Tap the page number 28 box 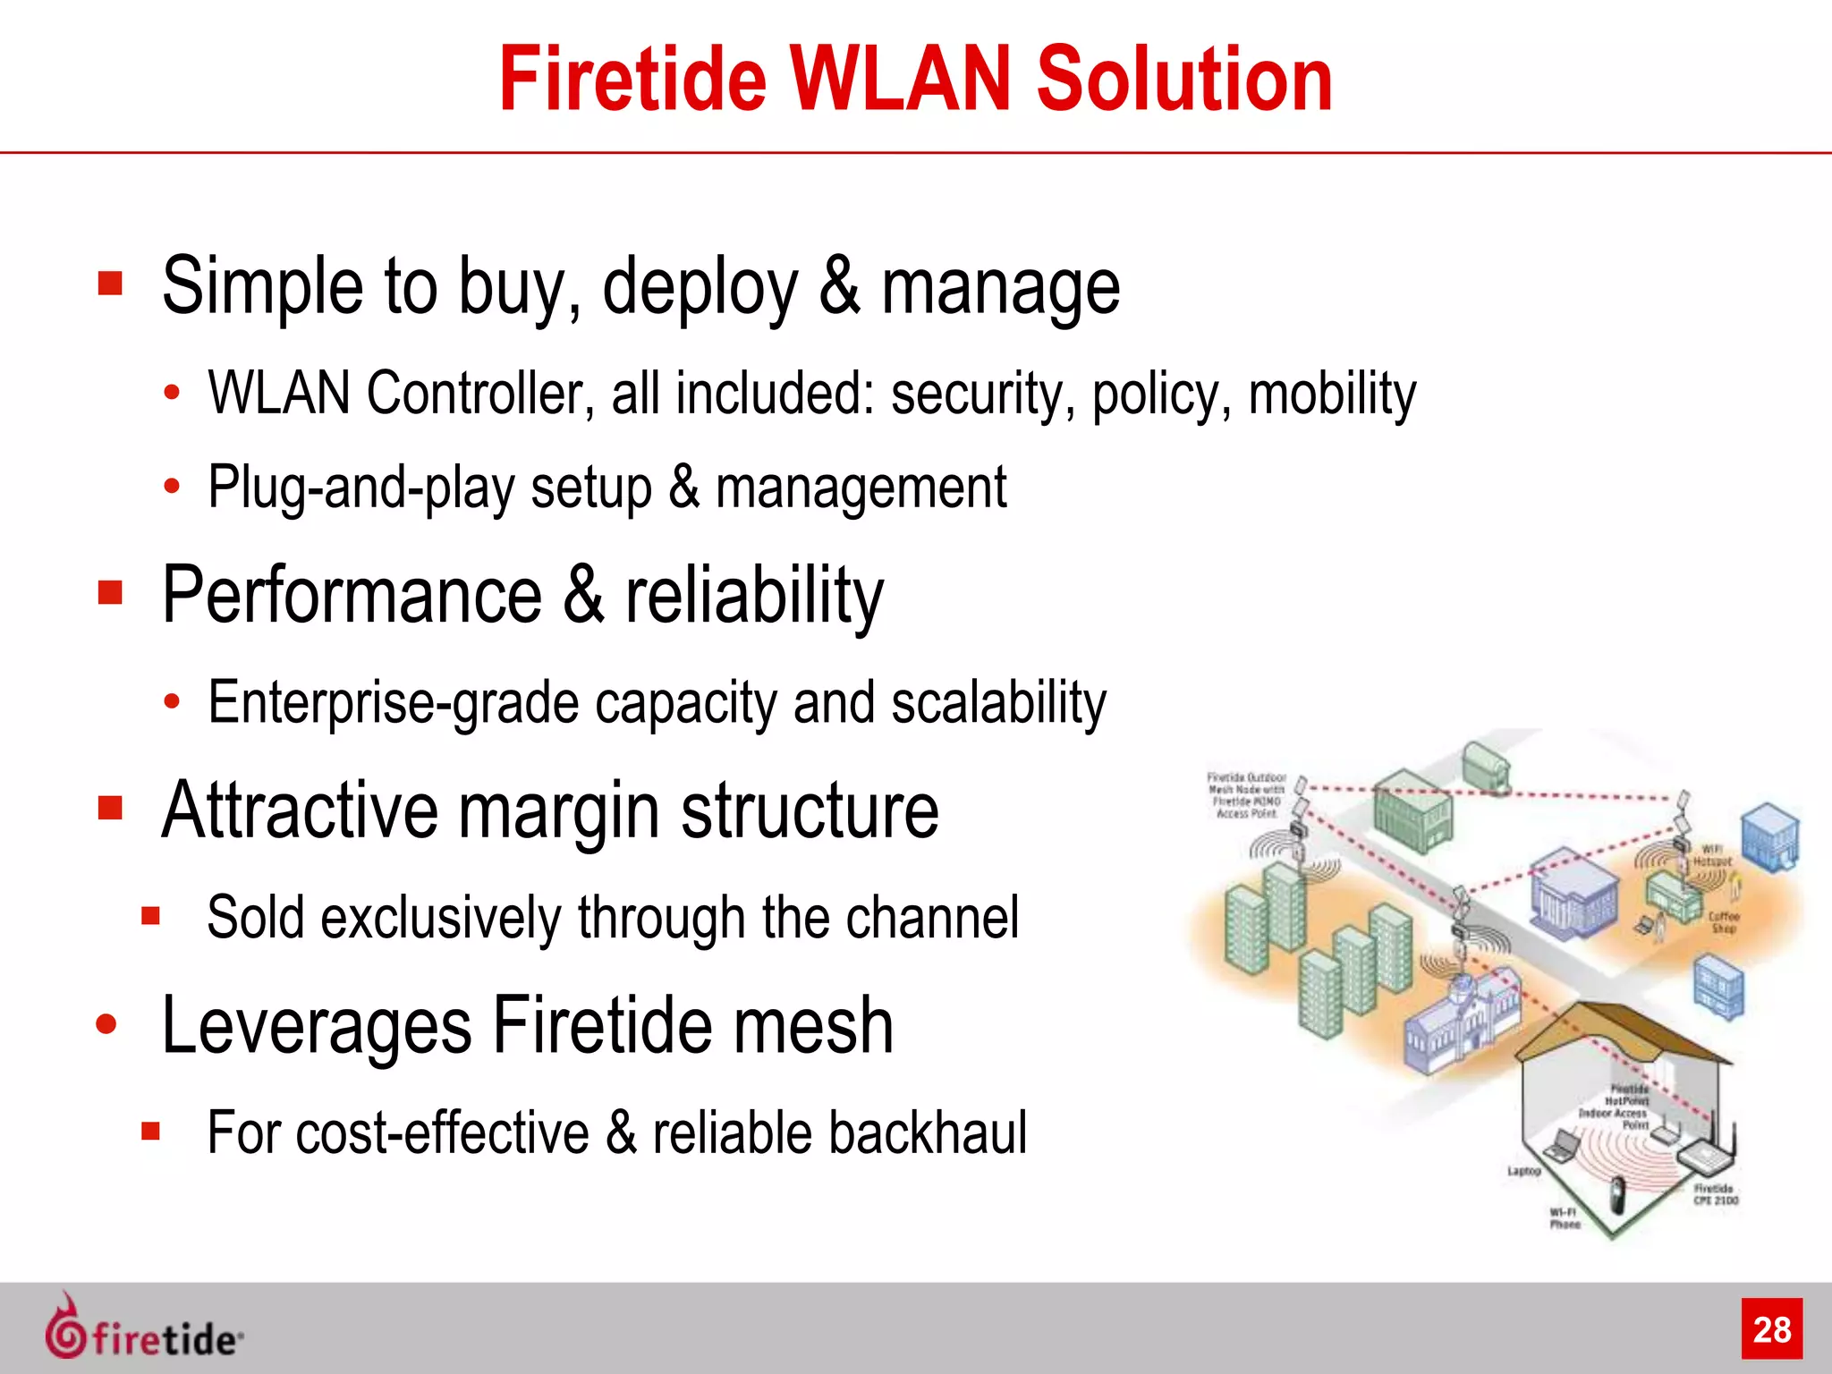[1771, 1329]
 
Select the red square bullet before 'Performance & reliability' [110, 593]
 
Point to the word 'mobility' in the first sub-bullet [1332, 394]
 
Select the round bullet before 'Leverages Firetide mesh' [106, 1025]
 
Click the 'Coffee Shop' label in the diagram [1724, 922]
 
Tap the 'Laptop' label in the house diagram [1523, 1171]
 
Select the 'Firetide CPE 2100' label [1715, 1194]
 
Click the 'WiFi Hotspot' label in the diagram [1711, 855]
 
